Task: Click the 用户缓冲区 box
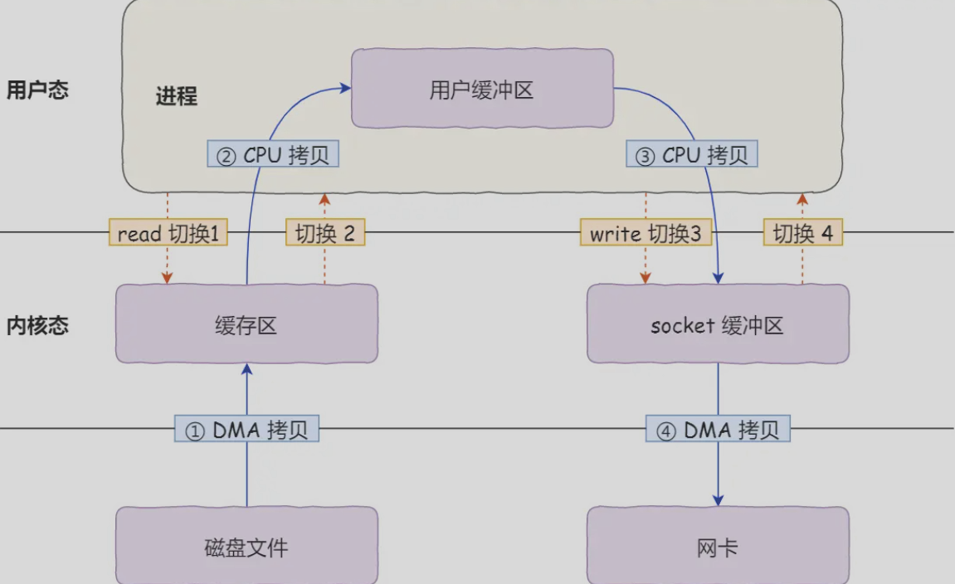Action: click(482, 88)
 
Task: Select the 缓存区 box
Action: click(246, 324)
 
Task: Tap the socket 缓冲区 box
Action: click(718, 324)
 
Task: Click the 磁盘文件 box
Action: click(246, 546)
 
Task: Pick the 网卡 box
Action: click(718, 546)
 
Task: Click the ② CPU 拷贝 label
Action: click(273, 154)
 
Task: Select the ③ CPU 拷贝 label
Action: click(692, 154)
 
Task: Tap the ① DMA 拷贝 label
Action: click(246, 429)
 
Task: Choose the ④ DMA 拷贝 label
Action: click(718, 429)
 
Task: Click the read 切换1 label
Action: click(168, 232)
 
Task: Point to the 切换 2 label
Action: click(325, 232)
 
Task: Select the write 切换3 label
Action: click(646, 232)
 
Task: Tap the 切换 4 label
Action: click(802, 232)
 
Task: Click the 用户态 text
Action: click(37, 90)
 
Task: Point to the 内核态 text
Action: click(37, 325)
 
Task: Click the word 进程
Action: click(177, 96)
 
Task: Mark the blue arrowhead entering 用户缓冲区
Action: click(346, 88)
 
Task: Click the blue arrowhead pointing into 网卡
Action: click(718, 500)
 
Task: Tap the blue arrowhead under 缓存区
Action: click(246, 370)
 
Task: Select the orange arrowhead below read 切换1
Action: click(168, 278)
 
